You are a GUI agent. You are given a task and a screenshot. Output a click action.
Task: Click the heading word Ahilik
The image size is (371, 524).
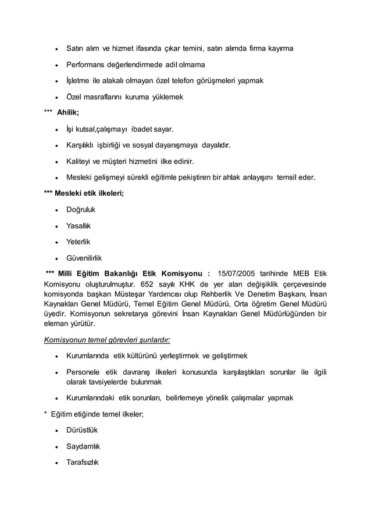point(68,112)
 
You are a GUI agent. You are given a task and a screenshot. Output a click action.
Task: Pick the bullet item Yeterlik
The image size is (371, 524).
point(78,241)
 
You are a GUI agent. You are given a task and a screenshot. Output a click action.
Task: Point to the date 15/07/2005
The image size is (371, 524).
point(236,274)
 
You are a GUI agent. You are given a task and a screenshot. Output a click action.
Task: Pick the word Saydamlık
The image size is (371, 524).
point(83,447)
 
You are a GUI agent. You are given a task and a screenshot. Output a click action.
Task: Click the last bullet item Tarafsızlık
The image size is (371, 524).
point(83,463)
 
